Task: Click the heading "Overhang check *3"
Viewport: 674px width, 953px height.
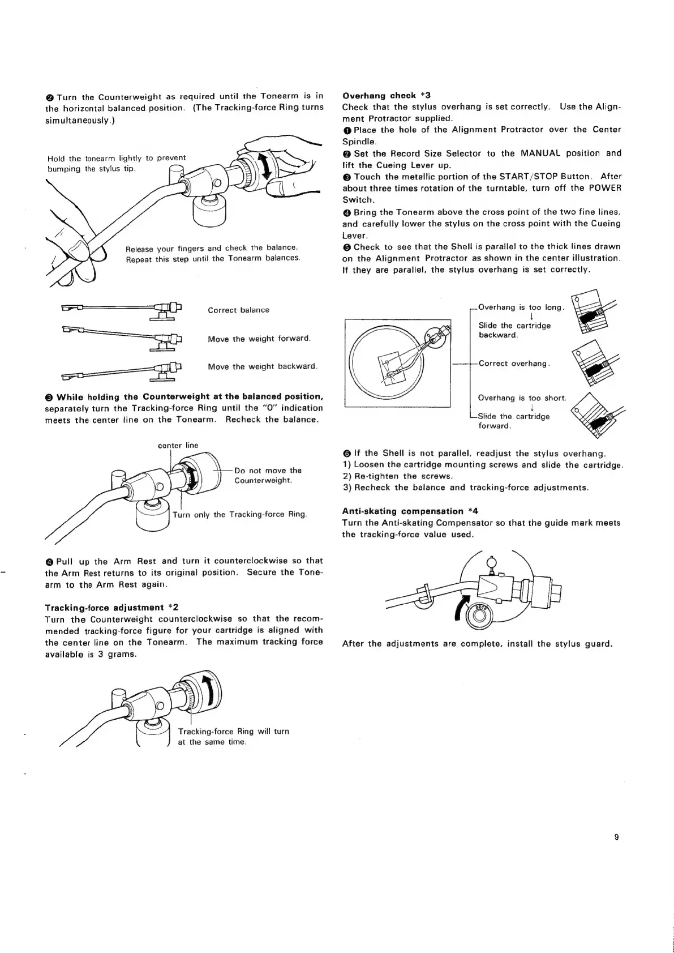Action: point(387,95)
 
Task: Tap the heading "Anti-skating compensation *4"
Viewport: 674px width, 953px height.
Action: point(410,511)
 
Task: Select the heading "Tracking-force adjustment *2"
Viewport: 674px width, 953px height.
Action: point(111,606)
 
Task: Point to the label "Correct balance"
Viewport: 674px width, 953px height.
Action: point(238,310)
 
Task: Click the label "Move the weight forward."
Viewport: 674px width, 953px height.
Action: point(259,339)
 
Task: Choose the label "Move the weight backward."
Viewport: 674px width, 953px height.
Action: point(263,366)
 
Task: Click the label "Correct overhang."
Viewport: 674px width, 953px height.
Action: point(514,364)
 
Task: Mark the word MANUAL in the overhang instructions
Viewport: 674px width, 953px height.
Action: point(546,153)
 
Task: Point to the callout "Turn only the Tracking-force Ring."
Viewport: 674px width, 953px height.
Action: point(239,514)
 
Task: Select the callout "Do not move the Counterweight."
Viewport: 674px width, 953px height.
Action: point(268,475)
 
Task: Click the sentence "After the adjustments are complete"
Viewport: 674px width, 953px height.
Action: point(478,644)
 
